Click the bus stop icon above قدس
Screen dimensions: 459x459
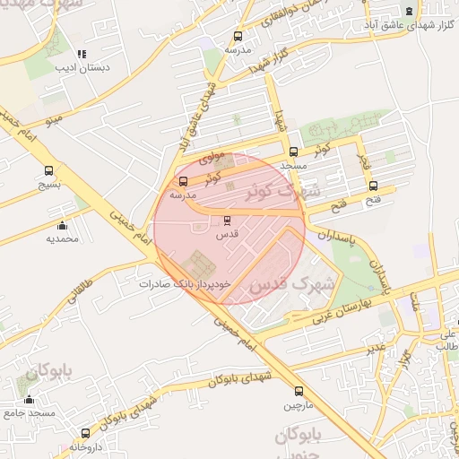pos(226,220)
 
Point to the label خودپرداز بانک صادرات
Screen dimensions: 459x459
pos(185,283)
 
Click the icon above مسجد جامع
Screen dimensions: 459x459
pos(30,400)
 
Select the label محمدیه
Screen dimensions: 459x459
pos(62,238)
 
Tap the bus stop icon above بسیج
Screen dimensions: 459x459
pos(48,170)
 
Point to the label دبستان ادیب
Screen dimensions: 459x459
pos(80,67)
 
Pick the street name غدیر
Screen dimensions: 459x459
pos(377,344)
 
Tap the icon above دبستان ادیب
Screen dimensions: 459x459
pos(82,54)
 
